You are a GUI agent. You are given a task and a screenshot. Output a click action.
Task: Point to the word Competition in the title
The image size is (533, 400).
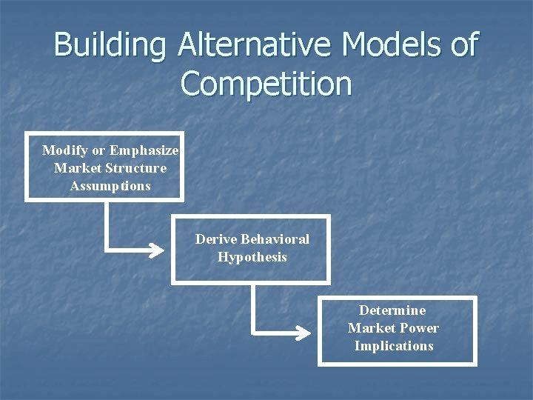click(x=266, y=84)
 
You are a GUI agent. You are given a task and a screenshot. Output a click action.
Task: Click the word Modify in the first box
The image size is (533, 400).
click(x=62, y=150)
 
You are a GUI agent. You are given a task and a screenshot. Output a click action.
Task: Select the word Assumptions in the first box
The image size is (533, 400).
click(x=110, y=186)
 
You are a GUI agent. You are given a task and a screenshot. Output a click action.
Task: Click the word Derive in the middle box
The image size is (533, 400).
click(x=215, y=239)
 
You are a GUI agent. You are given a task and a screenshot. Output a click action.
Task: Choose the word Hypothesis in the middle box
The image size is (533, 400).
click(x=252, y=257)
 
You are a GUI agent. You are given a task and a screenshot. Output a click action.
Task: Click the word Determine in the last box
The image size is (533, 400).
click(x=392, y=310)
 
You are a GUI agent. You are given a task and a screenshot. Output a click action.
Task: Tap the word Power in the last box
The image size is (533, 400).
click(x=419, y=328)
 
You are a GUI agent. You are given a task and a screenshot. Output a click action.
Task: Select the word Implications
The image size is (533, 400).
click(x=393, y=346)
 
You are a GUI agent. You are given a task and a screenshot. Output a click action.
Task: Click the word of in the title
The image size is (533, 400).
click(x=463, y=45)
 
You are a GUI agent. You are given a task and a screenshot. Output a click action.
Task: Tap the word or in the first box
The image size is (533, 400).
click(x=97, y=150)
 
